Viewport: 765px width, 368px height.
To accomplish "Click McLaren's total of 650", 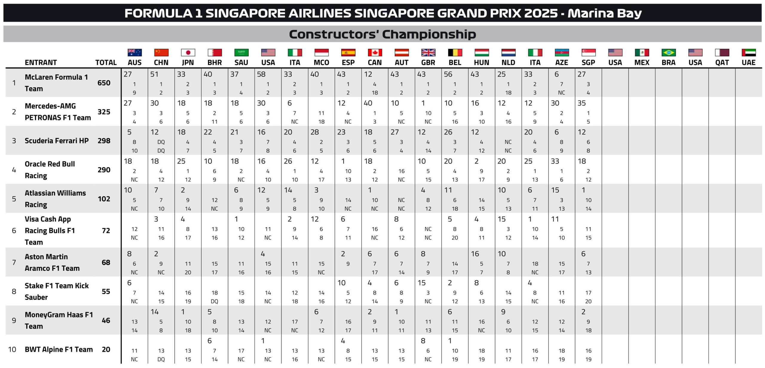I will click(104, 83).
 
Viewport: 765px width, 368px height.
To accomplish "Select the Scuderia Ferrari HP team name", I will click(56, 141).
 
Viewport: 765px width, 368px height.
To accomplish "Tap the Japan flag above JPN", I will click(188, 53).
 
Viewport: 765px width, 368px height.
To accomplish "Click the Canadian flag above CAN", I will click(375, 53).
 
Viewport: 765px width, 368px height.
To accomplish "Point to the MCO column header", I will click(321, 63).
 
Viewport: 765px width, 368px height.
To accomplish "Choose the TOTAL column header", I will click(106, 63).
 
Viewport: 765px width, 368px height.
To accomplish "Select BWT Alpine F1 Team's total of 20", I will click(106, 349).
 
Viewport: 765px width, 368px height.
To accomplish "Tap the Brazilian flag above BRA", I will click(668, 53).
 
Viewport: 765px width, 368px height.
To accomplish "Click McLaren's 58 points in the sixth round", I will click(261, 74).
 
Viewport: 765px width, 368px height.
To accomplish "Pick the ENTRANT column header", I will click(41, 63).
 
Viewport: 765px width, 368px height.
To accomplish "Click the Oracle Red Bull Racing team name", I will click(50, 170).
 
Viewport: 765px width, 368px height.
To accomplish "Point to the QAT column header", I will click(722, 63).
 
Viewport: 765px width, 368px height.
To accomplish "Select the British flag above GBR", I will click(428, 53).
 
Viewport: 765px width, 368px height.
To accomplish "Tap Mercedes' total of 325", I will click(104, 112).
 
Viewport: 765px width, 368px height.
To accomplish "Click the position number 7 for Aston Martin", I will click(14, 262).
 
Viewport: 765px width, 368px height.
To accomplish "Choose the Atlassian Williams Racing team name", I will click(55, 199).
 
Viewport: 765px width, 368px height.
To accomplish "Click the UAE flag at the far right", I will click(749, 53).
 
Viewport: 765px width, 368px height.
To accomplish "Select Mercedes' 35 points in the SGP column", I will click(582, 103).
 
